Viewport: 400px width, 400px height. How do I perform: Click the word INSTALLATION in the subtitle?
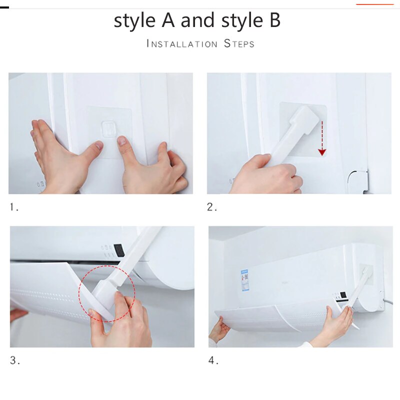tap(182, 43)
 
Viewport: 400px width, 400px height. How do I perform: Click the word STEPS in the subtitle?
tap(239, 43)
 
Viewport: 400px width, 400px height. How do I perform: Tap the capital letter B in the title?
tap(275, 20)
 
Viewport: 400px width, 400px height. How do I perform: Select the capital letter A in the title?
tap(168, 20)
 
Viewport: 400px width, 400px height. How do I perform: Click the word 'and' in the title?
tap(197, 20)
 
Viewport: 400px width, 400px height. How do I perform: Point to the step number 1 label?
tap(14, 207)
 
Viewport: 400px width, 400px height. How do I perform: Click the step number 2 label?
tap(212, 207)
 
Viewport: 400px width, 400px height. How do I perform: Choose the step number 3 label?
tap(15, 360)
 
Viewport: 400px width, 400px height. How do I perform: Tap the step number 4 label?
tap(213, 360)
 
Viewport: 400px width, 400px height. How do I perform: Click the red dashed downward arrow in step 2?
tap(322, 138)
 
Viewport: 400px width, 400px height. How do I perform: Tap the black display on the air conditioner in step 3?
tap(119, 250)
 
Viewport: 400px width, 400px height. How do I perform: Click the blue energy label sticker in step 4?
tap(244, 280)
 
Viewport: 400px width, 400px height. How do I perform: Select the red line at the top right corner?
tap(374, 4)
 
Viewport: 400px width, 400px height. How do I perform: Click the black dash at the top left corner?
tap(4, 7)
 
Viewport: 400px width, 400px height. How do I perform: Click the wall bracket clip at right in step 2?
tap(358, 181)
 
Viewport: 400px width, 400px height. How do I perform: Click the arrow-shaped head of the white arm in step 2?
tap(304, 119)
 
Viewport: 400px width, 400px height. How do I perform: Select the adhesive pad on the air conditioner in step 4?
tap(366, 274)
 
